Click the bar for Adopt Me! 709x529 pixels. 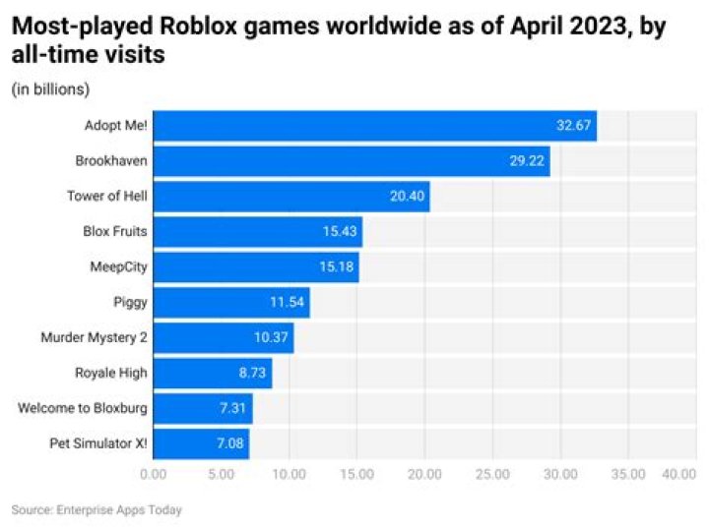point(374,126)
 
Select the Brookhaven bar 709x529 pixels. point(351,161)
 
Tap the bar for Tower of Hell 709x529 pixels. point(291,197)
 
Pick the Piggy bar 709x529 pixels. point(231,302)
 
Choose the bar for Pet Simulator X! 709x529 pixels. point(201,443)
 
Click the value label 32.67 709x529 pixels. point(573,126)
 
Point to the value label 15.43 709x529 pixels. point(339,232)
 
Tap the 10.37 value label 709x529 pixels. point(270,338)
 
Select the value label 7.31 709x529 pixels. point(229,408)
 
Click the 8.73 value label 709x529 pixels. point(249,374)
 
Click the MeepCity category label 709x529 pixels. point(117,267)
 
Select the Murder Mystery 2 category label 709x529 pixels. point(94,338)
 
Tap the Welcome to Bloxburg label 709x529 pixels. point(83,408)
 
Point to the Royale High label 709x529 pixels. point(111,374)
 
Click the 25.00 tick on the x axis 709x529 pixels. point(492,474)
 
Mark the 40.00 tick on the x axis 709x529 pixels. point(678,474)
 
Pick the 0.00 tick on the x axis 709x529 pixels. point(155,474)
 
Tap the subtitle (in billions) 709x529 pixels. point(50,89)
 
